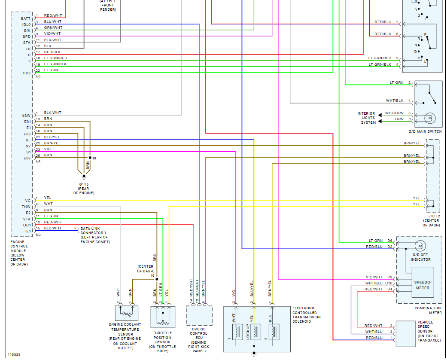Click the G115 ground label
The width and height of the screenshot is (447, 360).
point(84,184)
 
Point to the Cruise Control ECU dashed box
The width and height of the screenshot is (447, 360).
point(199,316)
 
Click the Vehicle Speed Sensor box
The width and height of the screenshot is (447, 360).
point(406,334)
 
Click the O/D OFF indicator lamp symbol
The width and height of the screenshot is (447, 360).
point(420,246)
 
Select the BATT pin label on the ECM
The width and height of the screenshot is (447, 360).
point(26,18)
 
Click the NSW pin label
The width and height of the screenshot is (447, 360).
point(26,116)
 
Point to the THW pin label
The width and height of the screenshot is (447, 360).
point(26,207)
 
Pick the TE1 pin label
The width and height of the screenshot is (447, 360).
point(27,231)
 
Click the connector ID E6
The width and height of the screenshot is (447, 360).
point(38,76)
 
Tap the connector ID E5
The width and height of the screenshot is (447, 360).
point(38,234)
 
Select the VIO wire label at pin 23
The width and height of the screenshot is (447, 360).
point(47,149)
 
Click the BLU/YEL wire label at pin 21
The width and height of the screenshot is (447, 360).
point(52,137)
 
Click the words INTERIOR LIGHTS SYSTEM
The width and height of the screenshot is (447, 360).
point(366,118)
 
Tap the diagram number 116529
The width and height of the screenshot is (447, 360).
point(14,355)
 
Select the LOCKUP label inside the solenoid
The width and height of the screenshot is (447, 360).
point(248,332)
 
